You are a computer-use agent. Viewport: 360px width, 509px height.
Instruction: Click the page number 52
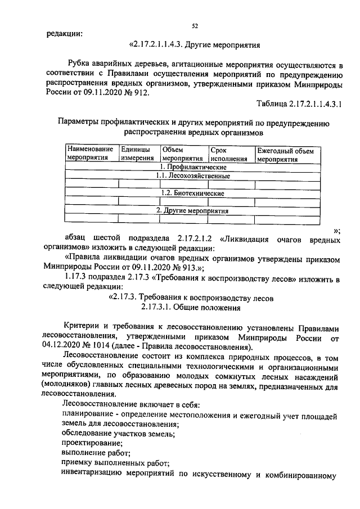point(195,26)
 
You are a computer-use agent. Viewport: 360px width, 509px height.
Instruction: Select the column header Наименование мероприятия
point(91,154)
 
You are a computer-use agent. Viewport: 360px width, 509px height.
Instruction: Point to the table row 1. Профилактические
point(193,167)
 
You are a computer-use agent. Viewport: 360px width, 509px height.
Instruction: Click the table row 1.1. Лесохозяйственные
point(193,176)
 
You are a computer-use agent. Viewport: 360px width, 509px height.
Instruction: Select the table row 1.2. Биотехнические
point(193,193)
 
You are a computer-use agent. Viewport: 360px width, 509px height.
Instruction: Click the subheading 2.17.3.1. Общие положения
point(192,308)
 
